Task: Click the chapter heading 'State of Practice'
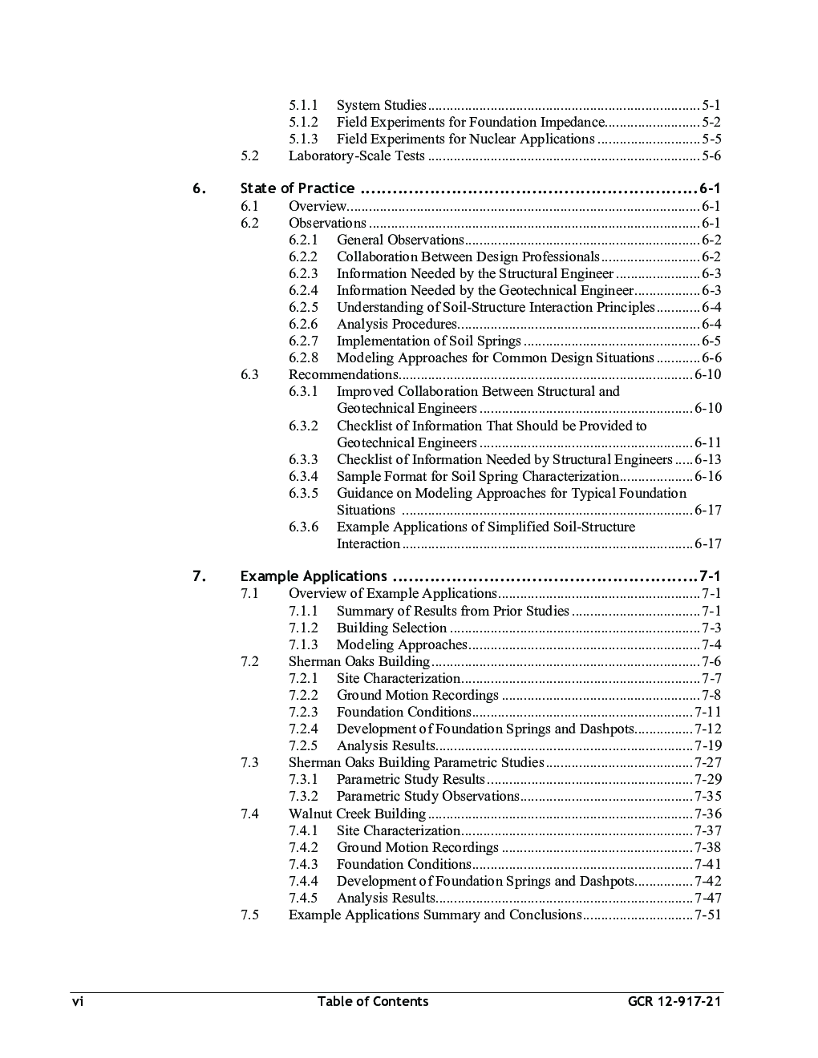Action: click(298, 188)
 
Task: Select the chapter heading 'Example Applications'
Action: click(314, 576)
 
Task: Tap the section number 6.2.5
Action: click(303, 307)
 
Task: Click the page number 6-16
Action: click(708, 476)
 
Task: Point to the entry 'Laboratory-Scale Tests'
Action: click(356, 155)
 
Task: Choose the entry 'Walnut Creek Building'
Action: click(357, 814)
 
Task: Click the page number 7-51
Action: click(708, 915)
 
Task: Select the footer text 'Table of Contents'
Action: click(373, 1001)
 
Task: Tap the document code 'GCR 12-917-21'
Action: click(674, 1001)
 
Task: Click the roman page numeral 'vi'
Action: click(78, 1001)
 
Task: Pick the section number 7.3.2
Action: click(303, 796)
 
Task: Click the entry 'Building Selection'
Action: click(391, 628)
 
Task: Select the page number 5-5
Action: click(711, 139)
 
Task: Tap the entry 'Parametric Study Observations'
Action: click(427, 796)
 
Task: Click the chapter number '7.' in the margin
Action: click(199, 576)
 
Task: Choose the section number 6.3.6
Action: click(303, 527)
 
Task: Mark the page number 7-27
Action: click(708, 762)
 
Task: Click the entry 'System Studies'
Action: click(382, 105)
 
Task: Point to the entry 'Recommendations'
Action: click(342, 374)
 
